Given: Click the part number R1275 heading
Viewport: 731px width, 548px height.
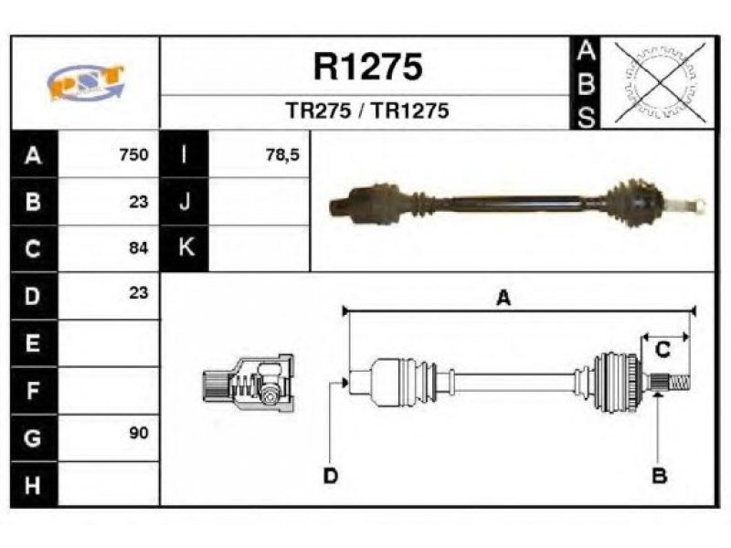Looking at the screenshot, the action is [368, 67].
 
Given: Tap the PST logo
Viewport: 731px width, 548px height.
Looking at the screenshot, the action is [86, 82].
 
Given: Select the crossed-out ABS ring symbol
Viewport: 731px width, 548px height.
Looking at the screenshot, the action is [660, 82].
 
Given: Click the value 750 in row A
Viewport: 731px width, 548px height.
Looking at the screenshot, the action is [133, 154].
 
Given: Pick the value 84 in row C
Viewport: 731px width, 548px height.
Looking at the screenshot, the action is [139, 248].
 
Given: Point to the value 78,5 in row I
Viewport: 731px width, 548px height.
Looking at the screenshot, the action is [282, 154].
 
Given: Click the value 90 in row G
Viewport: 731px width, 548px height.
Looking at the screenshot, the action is [139, 433].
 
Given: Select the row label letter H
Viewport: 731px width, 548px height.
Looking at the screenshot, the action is [32, 485].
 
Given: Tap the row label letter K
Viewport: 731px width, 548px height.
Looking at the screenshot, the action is [186, 247].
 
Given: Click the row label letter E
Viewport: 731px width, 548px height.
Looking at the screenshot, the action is [32, 343].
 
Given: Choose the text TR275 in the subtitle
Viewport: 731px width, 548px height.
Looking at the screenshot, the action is [318, 111].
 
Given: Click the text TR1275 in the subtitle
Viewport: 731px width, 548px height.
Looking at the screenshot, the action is [409, 111].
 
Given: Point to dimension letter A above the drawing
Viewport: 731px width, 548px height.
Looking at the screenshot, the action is [503, 298].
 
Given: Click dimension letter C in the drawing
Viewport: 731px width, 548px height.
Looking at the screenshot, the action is [662, 349].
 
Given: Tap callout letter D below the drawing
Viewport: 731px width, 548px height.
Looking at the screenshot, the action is [330, 476].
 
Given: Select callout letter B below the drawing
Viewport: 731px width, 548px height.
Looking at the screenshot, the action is [659, 476].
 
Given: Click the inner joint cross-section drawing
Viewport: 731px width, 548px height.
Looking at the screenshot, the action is [249, 384].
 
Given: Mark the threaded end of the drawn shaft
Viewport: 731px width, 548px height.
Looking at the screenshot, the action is [679, 384].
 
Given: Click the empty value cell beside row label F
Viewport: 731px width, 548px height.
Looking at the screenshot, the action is [108, 391].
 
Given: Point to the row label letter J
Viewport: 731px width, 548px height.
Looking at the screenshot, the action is [185, 201].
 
